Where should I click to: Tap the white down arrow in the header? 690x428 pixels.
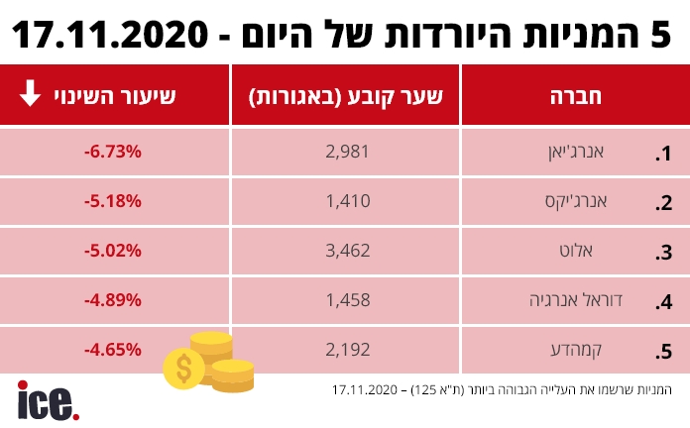[31, 95]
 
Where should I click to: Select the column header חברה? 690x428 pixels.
[576, 96]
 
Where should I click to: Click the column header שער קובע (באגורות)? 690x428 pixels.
[345, 96]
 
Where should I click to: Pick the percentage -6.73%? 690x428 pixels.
[114, 151]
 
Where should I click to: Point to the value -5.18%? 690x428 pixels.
[114, 200]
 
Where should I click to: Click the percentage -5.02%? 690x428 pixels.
[114, 250]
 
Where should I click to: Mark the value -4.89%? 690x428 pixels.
[114, 299]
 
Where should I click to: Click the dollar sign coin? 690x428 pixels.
[183, 369]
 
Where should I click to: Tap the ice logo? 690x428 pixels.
[47, 400]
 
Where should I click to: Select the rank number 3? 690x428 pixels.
[664, 253]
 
